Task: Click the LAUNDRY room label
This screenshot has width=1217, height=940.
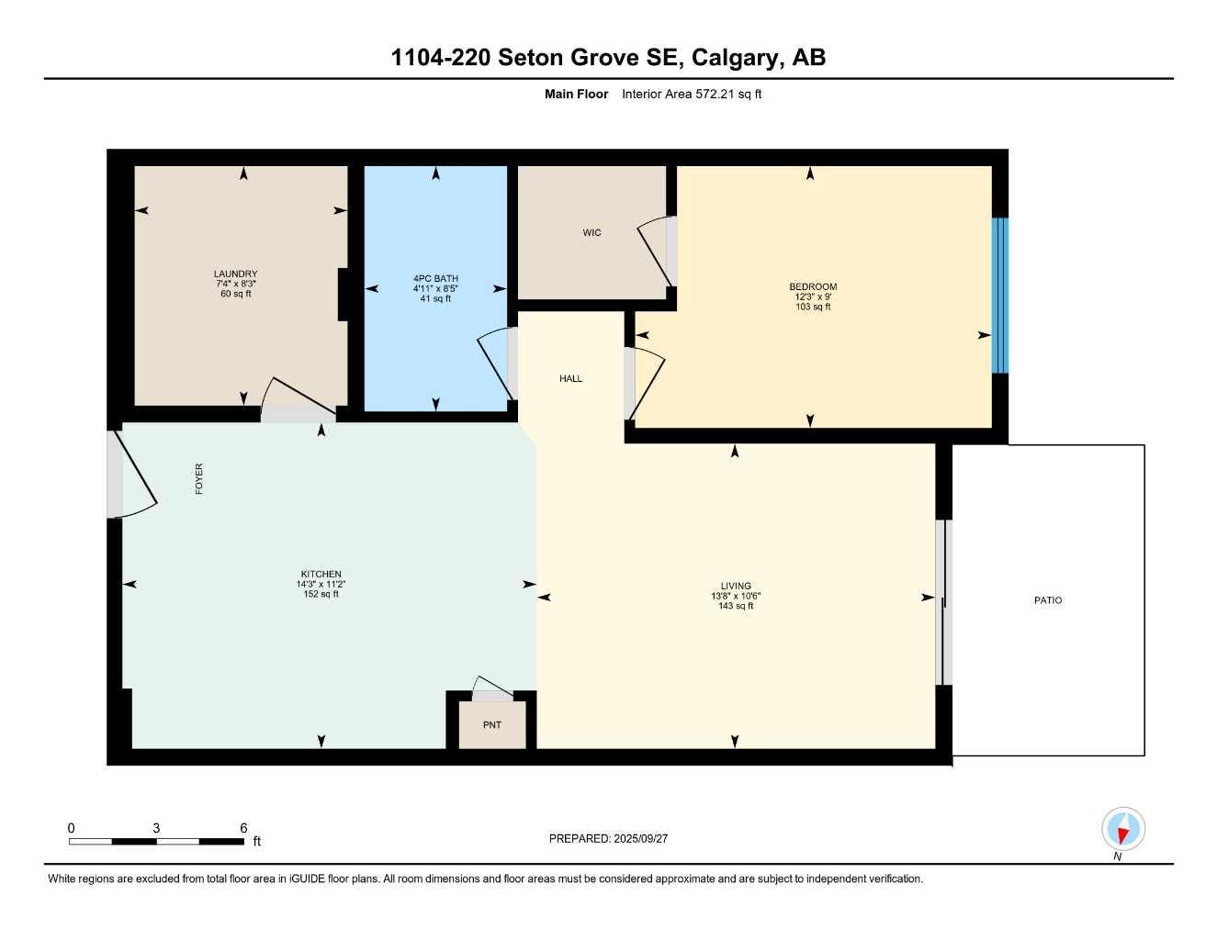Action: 235,274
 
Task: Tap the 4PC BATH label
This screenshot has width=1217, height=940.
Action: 435,278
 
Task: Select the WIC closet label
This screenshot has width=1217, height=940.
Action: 592,232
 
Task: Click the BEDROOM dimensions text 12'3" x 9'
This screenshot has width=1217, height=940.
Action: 813,297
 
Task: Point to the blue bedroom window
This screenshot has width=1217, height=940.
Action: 999,296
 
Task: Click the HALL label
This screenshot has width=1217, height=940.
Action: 570,378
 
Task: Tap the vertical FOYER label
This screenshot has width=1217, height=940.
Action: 199,479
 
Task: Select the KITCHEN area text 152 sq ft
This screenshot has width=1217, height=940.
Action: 321,594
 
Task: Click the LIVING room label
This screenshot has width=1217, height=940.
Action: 736,586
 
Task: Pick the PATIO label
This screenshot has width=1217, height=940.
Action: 1048,600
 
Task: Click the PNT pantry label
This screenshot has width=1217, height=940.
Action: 492,725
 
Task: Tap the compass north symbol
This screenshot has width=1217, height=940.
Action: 1122,830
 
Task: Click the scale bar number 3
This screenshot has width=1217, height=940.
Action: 156,828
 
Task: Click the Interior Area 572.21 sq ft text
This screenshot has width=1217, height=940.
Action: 692,94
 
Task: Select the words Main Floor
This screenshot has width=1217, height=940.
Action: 576,94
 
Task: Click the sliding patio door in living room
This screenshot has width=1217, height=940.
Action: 943,602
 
